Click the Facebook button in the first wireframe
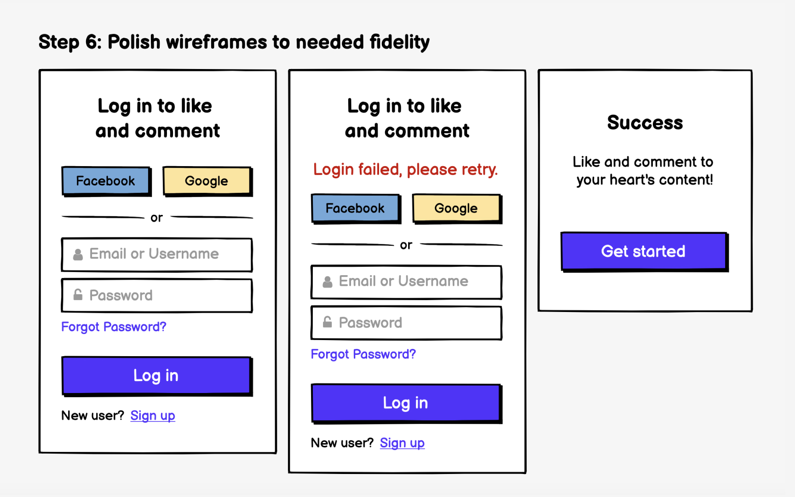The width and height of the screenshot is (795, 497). [x=106, y=181]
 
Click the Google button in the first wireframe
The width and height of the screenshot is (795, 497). [x=207, y=181]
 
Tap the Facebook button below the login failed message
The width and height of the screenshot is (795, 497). [x=355, y=208]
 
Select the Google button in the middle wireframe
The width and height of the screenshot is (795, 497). [x=456, y=208]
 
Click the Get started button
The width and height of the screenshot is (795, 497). [x=644, y=251]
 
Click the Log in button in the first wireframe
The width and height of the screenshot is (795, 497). [x=156, y=376]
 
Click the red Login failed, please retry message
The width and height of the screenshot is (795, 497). [x=405, y=169]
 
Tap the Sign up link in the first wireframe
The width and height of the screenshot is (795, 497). [x=153, y=416]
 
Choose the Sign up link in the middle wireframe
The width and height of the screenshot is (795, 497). [x=402, y=443]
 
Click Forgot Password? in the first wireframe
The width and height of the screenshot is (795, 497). [x=114, y=327]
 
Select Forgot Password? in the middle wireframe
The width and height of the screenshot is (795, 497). [x=363, y=354]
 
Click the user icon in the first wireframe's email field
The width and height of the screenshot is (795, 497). [x=78, y=254]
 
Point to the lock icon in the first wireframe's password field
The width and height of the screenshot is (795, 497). [x=78, y=295]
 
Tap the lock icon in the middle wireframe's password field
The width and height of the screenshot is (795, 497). [x=328, y=322]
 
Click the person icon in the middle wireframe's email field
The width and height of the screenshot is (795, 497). [x=328, y=282]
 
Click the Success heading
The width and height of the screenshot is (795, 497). [x=645, y=122]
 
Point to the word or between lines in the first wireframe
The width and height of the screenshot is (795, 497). [x=156, y=218]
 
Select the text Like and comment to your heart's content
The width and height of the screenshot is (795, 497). [x=644, y=171]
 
